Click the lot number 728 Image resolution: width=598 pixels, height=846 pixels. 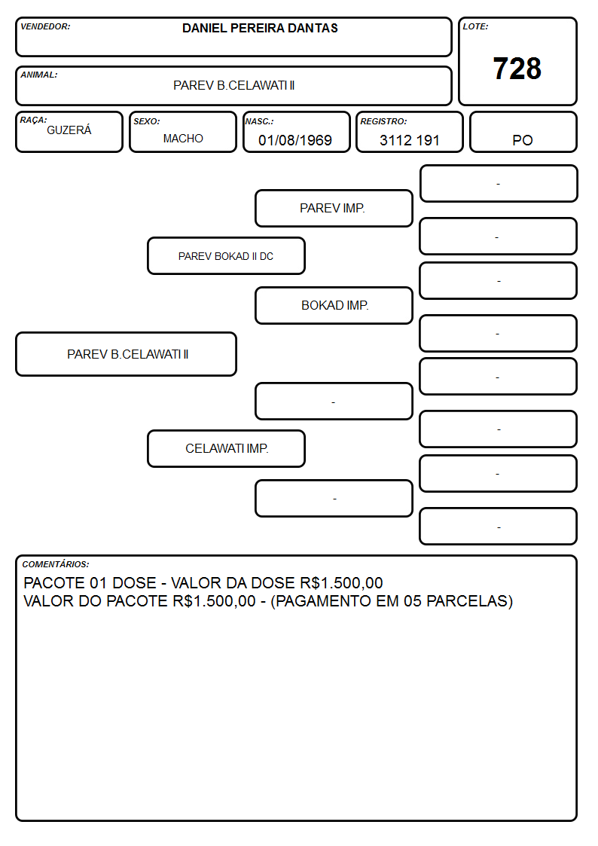click(517, 69)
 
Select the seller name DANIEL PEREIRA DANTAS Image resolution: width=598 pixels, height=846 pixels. click(260, 28)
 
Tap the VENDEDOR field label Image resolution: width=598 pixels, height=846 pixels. click(45, 26)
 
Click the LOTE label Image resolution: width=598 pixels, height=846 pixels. click(475, 26)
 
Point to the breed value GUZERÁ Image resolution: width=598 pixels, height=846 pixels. click(69, 130)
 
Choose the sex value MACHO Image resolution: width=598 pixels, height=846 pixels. click(183, 139)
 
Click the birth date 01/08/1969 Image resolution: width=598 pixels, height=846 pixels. click(295, 140)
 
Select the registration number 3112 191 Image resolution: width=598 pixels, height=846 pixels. click(410, 140)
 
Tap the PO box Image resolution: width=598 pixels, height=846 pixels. click(523, 132)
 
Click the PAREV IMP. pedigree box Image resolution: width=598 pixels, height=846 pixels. click(334, 208)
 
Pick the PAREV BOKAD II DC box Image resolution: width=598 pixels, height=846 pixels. click(227, 255)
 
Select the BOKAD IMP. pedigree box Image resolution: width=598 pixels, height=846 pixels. click(334, 305)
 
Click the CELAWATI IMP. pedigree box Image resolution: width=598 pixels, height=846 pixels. click(227, 448)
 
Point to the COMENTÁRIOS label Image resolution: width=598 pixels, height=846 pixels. click(56, 564)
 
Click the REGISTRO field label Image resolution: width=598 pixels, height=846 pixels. click(383, 121)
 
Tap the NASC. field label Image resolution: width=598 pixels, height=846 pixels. click(259, 121)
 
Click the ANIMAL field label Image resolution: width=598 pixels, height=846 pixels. click(39, 75)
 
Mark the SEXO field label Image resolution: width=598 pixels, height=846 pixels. click(147, 121)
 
